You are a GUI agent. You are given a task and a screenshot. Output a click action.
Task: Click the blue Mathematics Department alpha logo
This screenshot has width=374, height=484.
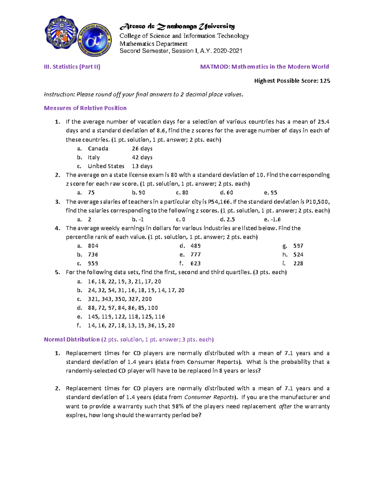(94, 40)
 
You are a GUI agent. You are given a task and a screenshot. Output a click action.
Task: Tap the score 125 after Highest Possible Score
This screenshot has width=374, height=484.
(325, 81)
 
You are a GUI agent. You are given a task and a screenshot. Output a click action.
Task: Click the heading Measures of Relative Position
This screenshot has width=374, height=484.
(85, 108)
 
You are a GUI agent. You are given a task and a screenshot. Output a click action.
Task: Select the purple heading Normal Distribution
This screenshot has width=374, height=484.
(72, 339)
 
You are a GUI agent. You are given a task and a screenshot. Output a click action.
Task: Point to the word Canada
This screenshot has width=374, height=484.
(98, 149)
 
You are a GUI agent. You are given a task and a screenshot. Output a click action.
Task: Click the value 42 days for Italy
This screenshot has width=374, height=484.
(142, 157)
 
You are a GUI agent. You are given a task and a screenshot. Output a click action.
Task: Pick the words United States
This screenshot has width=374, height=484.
(106, 166)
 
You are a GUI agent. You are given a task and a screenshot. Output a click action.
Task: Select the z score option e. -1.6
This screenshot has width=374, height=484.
(272, 219)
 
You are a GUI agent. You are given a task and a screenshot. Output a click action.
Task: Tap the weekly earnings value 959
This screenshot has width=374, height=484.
(93, 263)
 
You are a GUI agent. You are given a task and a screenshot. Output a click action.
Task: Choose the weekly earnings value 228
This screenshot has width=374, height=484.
(298, 263)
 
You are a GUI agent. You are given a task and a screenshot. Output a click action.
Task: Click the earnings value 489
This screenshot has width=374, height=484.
(195, 246)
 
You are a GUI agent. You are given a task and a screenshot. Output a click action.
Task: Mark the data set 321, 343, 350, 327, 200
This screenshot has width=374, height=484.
(120, 299)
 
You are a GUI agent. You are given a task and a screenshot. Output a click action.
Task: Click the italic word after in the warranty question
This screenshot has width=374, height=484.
(285, 406)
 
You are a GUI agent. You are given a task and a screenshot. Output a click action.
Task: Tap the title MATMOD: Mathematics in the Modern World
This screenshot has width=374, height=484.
(264, 67)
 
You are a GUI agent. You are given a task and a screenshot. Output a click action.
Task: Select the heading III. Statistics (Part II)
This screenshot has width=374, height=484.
(72, 67)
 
